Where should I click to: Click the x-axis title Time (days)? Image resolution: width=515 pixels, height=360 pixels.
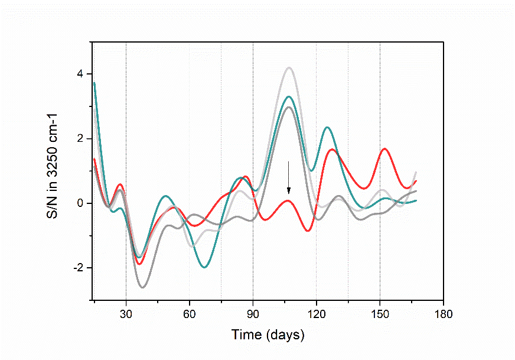pyautogui.click(x=268, y=335)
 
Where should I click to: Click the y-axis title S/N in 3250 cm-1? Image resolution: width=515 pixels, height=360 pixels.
pyautogui.click(x=53, y=171)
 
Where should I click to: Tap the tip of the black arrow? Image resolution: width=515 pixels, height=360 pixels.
pyautogui.click(x=289, y=193)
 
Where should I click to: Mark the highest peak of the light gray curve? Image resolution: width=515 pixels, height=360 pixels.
pyautogui.click(x=289, y=68)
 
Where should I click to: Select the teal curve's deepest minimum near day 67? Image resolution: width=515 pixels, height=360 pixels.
pyautogui.click(x=204, y=267)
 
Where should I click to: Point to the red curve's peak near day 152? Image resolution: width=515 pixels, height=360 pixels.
pyautogui.click(x=384, y=148)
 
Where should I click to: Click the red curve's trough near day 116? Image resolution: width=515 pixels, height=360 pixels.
pyautogui.click(x=308, y=231)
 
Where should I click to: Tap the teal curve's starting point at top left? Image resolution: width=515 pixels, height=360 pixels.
pyautogui.click(x=94, y=83)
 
